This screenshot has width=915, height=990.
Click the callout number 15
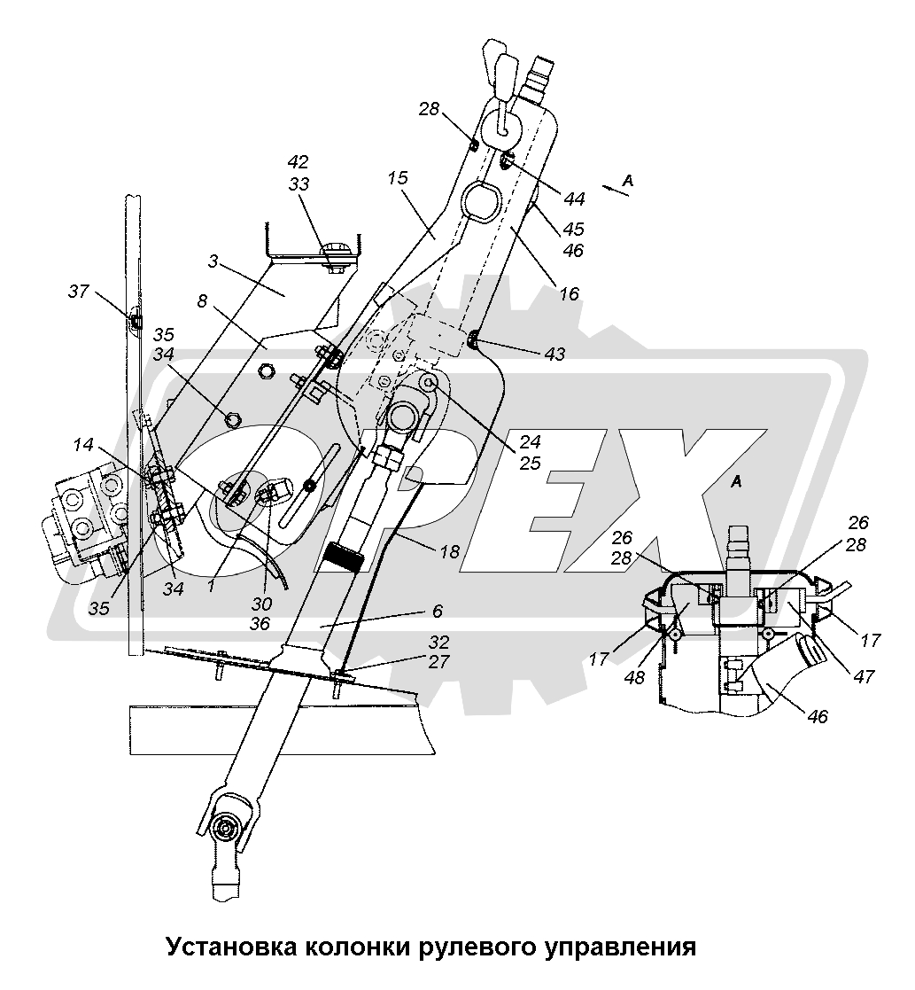click(x=397, y=178)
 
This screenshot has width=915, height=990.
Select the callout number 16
click(x=570, y=292)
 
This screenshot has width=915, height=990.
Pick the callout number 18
click(x=450, y=551)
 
